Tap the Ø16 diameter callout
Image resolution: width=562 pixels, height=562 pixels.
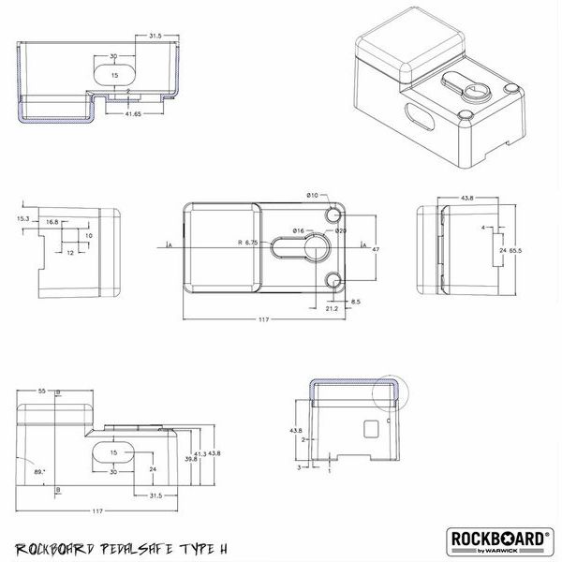(297, 230)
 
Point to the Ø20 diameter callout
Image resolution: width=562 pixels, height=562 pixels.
(341, 230)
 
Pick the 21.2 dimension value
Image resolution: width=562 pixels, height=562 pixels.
(331, 307)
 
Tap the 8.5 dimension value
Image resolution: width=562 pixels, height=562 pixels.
(356, 302)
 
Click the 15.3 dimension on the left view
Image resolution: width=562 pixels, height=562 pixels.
(23, 218)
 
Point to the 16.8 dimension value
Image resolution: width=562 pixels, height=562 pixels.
(52, 223)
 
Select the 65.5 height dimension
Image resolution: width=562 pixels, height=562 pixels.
(516, 252)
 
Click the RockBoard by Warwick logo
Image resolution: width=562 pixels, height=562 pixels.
(503, 541)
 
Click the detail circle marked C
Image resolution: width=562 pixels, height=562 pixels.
(390, 393)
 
